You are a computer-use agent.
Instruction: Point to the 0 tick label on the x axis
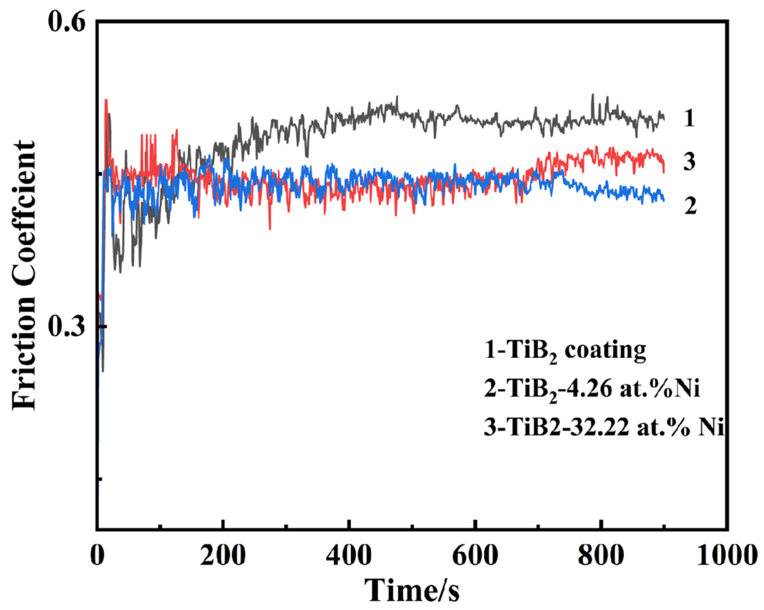97,555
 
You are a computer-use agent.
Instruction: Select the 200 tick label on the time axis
223,555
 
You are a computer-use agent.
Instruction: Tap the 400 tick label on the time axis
349,555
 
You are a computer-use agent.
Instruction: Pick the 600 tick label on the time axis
475,555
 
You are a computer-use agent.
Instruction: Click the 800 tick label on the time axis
601,555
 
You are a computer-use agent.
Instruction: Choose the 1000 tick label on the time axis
726,555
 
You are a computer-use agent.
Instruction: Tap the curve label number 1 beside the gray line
689,118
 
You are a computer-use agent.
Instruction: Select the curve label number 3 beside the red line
689,161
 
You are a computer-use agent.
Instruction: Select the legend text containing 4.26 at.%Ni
592,389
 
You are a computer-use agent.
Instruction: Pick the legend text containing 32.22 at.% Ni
603,428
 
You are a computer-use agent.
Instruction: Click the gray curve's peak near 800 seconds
593,95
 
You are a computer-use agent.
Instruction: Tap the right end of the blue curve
664,200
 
